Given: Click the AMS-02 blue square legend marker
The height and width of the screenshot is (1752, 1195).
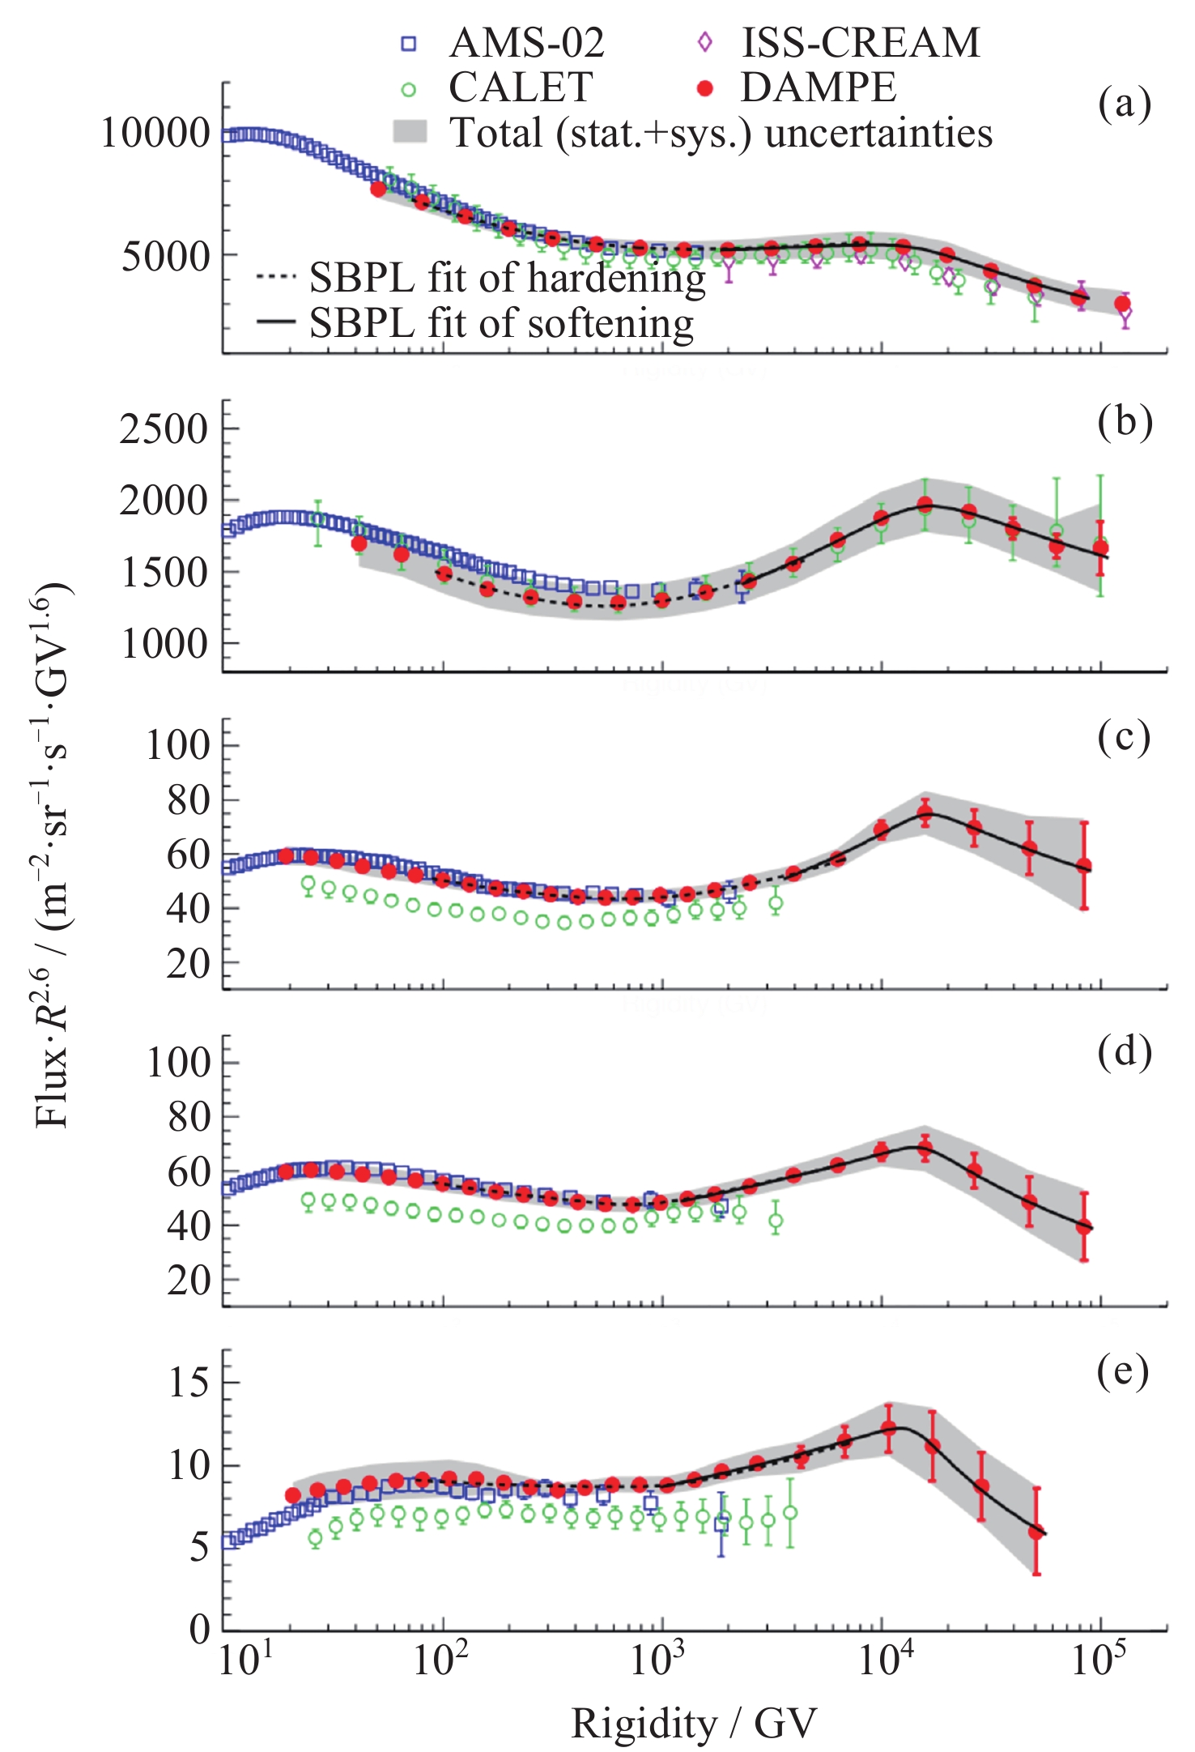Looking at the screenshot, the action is tap(409, 44).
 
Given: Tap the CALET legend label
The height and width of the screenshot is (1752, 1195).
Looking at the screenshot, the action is tap(521, 87).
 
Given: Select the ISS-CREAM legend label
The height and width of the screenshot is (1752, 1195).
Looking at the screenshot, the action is tap(861, 42).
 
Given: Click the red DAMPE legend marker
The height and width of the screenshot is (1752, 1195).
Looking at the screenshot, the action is tap(705, 87).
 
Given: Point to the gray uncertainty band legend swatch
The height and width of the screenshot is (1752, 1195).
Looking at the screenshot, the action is tap(410, 132).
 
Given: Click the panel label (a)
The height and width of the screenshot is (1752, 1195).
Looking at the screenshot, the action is tap(1125, 104).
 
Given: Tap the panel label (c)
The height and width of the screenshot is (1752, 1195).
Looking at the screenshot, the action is tap(1125, 738).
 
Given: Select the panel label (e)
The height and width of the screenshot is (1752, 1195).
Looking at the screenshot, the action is tap(1124, 1371).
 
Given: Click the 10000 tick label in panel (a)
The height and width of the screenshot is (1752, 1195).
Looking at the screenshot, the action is tap(155, 133).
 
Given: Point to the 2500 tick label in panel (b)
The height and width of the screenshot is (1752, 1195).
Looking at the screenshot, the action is tap(165, 428).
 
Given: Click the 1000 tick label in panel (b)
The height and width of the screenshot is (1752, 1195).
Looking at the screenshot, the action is tap(165, 645).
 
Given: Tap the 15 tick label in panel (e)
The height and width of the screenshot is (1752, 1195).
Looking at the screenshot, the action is tap(188, 1382).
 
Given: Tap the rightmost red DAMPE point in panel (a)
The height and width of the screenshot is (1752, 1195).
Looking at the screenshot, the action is tap(1122, 304).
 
